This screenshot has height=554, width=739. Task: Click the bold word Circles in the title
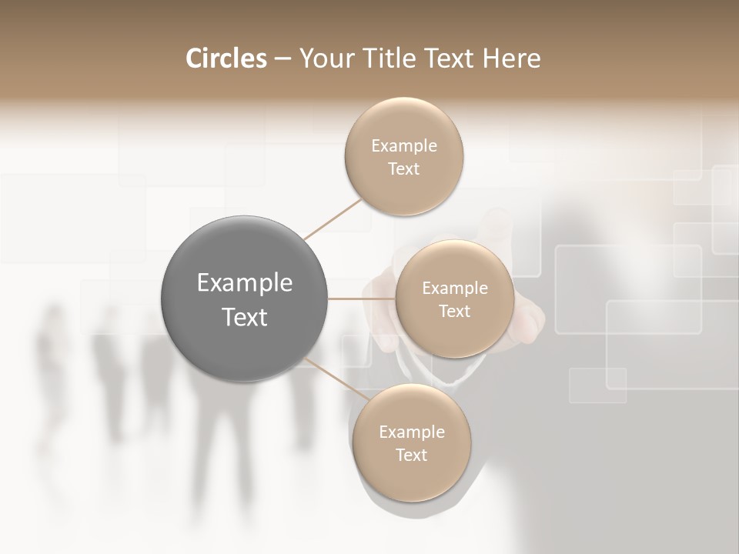[x=226, y=58]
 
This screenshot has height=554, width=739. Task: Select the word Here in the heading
[x=512, y=58]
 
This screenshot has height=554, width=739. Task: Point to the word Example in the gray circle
[x=245, y=283]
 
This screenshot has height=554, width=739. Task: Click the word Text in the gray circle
[x=245, y=317]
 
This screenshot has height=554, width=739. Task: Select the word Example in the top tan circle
[x=404, y=146]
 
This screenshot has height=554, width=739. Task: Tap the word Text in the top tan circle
[x=403, y=169]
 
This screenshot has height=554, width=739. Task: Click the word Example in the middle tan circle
[x=455, y=289]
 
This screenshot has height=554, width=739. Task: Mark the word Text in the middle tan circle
[x=454, y=312]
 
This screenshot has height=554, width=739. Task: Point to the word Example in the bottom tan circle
[x=412, y=432]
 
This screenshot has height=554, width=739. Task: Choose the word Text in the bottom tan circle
[x=411, y=456]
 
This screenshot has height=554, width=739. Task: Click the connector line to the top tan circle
[x=333, y=219]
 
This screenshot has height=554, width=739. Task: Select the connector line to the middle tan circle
[x=362, y=299]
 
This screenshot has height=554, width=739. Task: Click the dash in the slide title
[x=283, y=59]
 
